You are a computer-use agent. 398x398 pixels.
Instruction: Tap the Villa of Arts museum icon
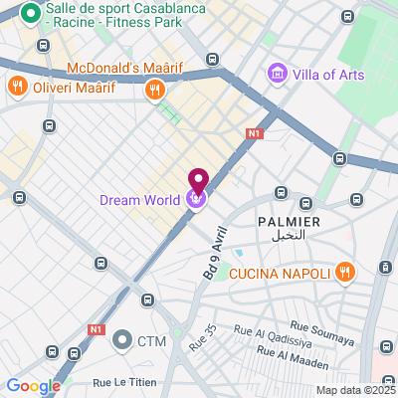[x=277, y=75]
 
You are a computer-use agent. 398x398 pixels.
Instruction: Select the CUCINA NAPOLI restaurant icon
[x=344, y=270]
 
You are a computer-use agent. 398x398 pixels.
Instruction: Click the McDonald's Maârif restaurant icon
[x=153, y=91]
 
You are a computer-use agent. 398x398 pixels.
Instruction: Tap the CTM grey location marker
[x=122, y=341]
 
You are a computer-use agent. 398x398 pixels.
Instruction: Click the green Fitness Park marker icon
[x=29, y=14]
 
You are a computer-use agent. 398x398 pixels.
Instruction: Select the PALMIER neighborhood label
[x=289, y=221]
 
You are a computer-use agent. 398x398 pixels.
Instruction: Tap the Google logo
[x=33, y=386]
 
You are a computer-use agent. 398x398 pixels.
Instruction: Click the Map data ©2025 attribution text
[x=355, y=390]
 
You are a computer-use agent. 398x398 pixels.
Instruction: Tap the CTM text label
[x=151, y=341]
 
